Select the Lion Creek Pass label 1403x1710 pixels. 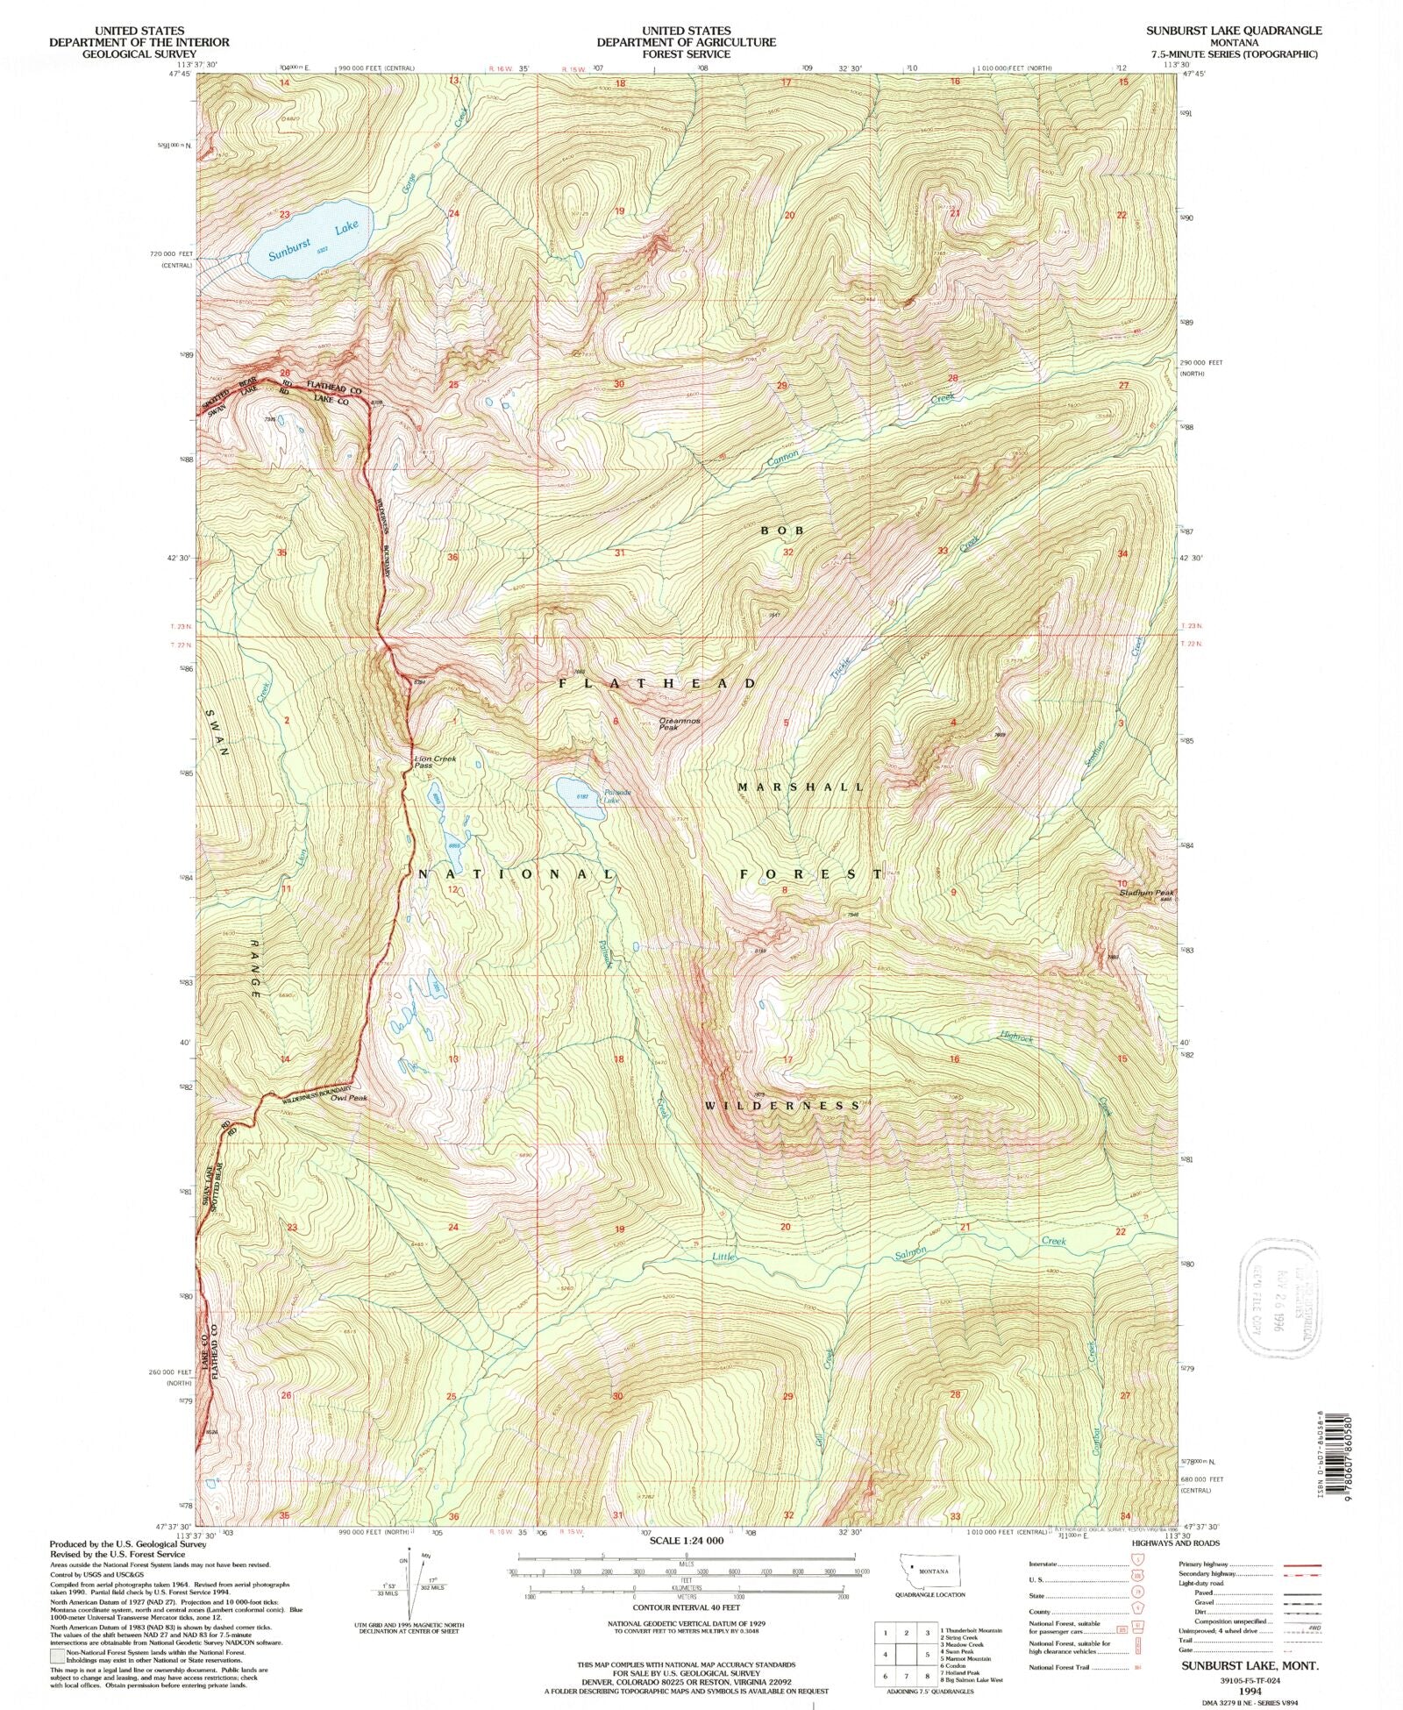point(435,761)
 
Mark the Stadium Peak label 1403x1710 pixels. point(1145,893)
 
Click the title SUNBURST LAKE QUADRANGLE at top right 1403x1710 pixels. point(1233,30)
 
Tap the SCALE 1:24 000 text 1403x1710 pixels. point(687,1541)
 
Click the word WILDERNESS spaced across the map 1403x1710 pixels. point(783,1106)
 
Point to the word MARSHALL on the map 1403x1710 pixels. point(801,787)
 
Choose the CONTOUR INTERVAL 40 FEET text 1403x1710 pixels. point(687,1607)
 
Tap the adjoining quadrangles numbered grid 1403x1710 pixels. point(906,1654)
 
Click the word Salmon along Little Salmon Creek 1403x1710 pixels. point(909,1252)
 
